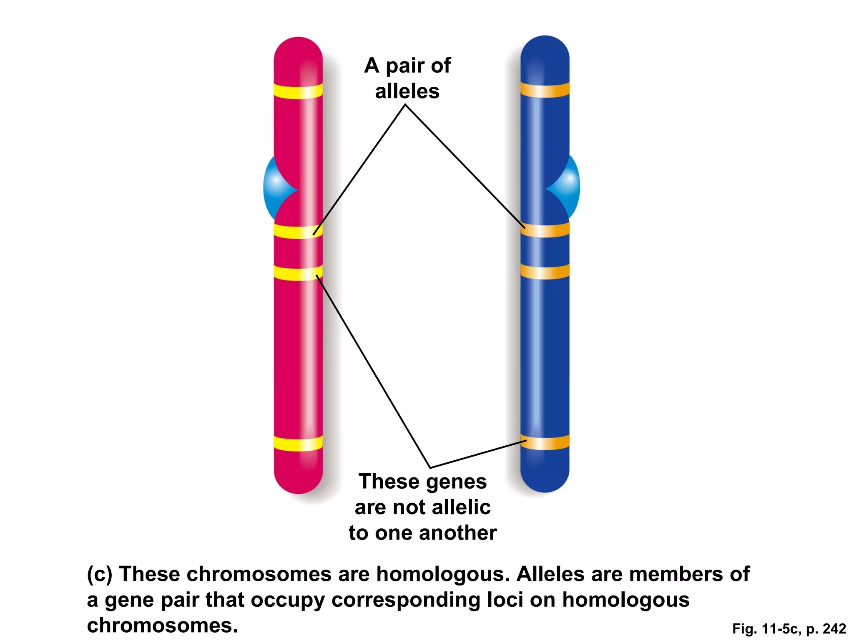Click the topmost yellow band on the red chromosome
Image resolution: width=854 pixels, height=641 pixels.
coord(298,91)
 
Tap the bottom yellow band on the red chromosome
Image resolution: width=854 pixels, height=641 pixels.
coord(298,443)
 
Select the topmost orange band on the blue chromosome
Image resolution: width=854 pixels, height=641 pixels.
coord(545,90)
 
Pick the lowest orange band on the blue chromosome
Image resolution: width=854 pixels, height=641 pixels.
coord(545,442)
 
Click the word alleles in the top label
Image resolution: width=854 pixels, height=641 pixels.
coord(407,91)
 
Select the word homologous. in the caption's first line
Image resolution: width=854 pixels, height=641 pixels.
coord(443,574)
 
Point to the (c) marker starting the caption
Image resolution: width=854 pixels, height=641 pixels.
coord(99,574)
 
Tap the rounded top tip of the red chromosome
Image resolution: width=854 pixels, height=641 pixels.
coord(298,46)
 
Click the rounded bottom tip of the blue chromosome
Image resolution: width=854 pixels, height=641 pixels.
coord(545,484)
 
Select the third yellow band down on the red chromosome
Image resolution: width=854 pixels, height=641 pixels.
coord(298,273)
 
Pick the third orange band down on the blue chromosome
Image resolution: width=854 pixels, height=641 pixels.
coord(545,272)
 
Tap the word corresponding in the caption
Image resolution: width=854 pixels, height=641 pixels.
coord(406,600)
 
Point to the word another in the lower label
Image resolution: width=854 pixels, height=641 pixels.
coord(457,533)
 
